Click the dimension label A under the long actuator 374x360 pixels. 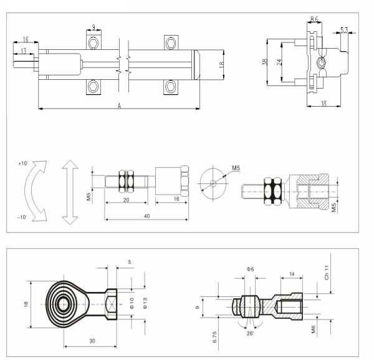pyautogui.click(x=119, y=106)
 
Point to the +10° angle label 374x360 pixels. pyautogui.click(x=23, y=163)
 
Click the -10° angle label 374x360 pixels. pyautogui.click(x=23, y=216)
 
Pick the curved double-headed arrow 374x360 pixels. pyautogui.click(x=38, y=190)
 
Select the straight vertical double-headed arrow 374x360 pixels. pyautogui.click(x=69, y=190)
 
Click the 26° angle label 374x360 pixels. pyautogui.click(x=249, y=333)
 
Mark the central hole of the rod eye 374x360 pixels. pyautogui.click(x=63, y=304)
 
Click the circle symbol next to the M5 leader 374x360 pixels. pyautogui.click(x=213, y=183)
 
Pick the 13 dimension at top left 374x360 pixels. pyautogui.click(x=23, y=51)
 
